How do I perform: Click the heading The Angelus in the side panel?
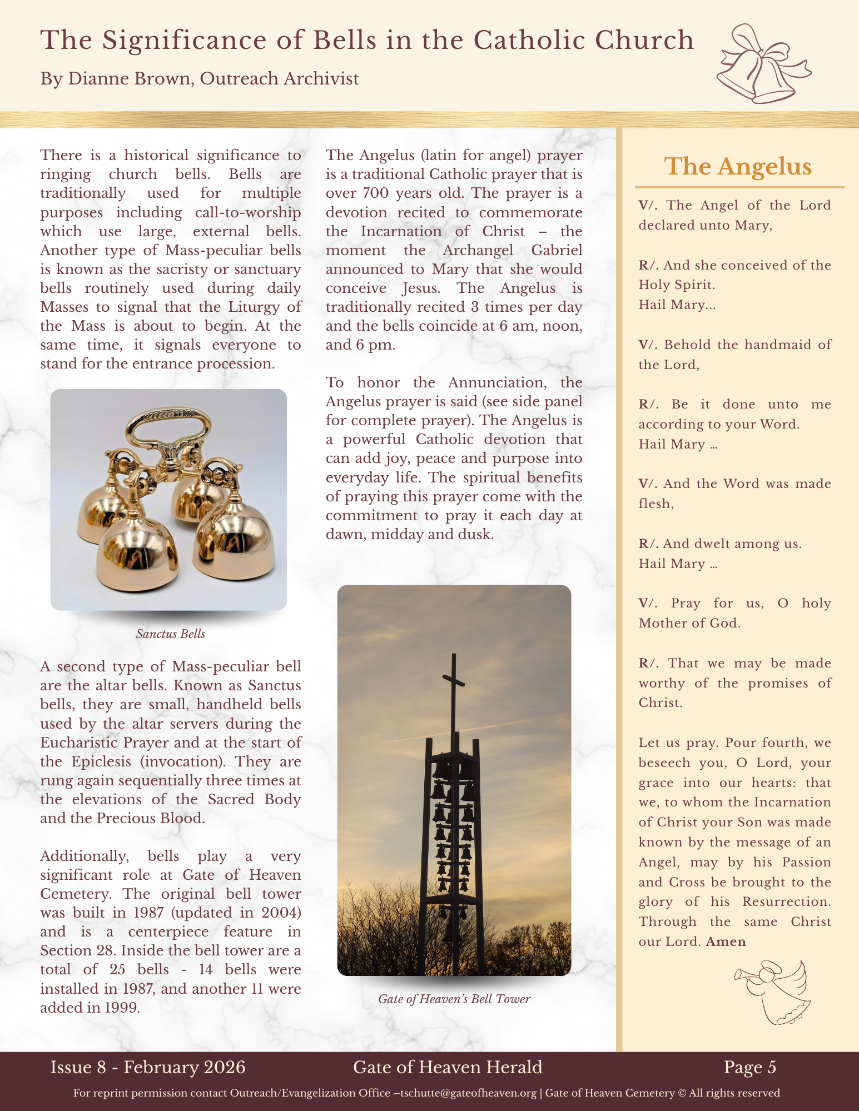point(738,166)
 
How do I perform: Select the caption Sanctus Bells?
point(171,634)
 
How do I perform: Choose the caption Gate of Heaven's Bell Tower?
point(454,999)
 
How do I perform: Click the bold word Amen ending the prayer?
point(726,942)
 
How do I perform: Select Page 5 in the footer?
point(749,1067)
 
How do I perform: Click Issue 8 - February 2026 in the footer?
point(148,1067)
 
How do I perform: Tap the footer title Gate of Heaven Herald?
point(448,1067)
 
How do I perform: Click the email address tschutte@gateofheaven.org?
point(468,1093)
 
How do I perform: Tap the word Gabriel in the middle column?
point(557,250)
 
